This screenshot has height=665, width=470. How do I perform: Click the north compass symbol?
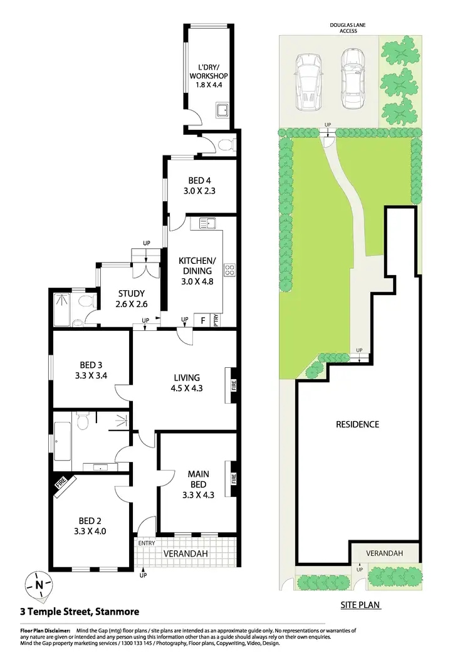click(39, 585)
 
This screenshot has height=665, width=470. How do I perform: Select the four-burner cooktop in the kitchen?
click(230, 271)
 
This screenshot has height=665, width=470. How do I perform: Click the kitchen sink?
click(207, 223)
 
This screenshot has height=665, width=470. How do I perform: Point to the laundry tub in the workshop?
click(222, 112)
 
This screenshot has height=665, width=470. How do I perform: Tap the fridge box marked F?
click(202, 320)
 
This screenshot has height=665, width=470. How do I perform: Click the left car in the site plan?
click(306, 78)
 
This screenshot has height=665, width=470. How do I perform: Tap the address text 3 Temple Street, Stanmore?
click(79, 611)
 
